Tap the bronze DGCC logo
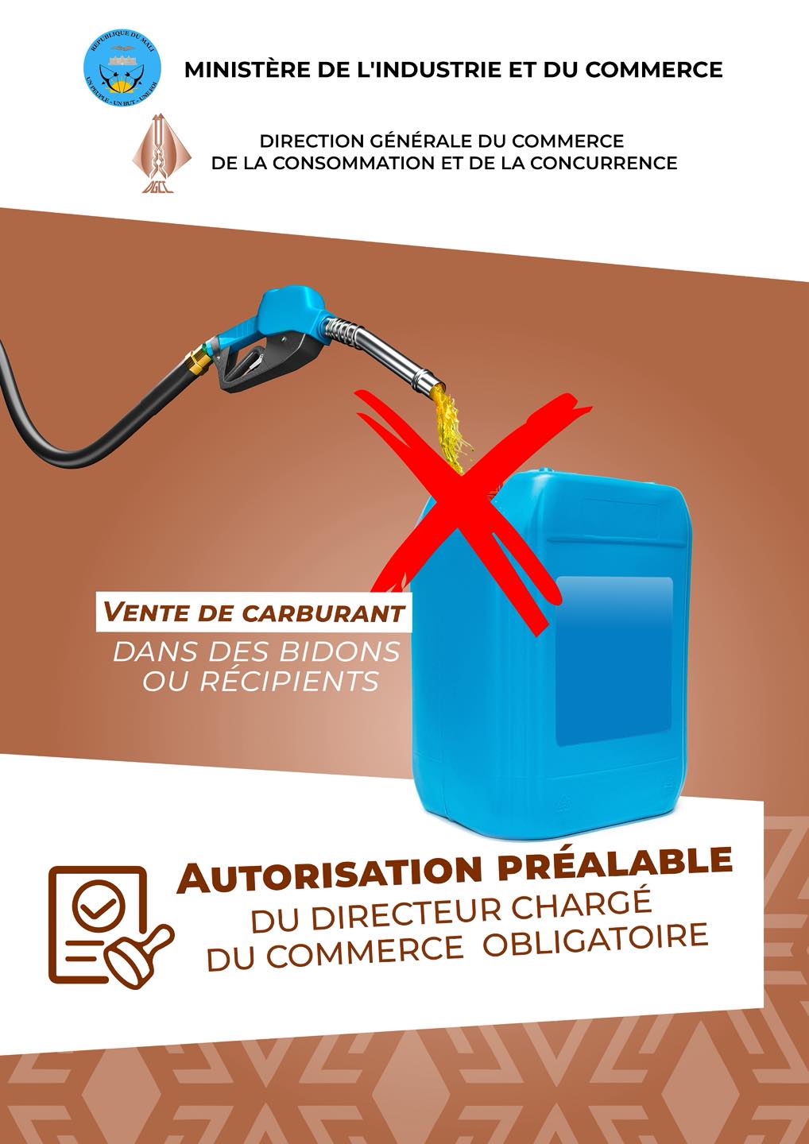[164, 153]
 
